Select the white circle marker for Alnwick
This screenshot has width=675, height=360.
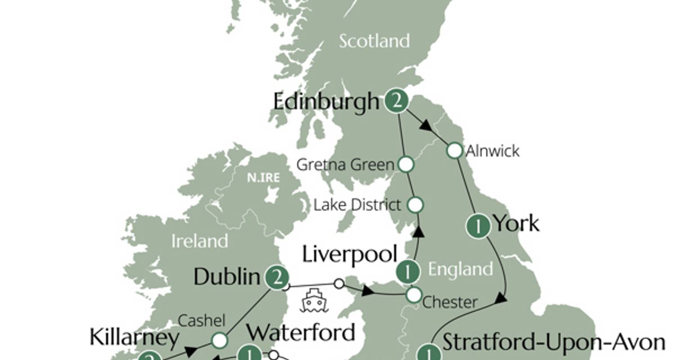(x=454, y=151)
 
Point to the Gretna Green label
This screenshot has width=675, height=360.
(x=345, y=165)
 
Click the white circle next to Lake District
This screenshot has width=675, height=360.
(x=415, y=205)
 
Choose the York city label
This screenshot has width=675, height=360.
(x=516, y=223)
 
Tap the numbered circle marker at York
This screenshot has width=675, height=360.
(x=478, y=226)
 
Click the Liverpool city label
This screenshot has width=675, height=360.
(x=350, y=254)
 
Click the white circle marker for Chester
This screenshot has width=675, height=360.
(x=414, y=295)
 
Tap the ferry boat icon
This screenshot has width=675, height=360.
(x=314, y=301)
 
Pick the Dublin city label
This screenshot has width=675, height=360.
(x=227, y=277)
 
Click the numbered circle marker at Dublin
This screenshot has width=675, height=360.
(x=277, y=278)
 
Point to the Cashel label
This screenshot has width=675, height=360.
(x=201, y=320)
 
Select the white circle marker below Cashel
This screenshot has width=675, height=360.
(x=219, y=341)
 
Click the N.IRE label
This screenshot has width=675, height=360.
(x=263, y=178)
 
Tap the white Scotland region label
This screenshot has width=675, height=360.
(x=374, y=41)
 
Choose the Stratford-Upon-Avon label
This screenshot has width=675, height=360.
(x=554, y=342)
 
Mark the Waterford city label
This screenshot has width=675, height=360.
(x=301, y=333)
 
